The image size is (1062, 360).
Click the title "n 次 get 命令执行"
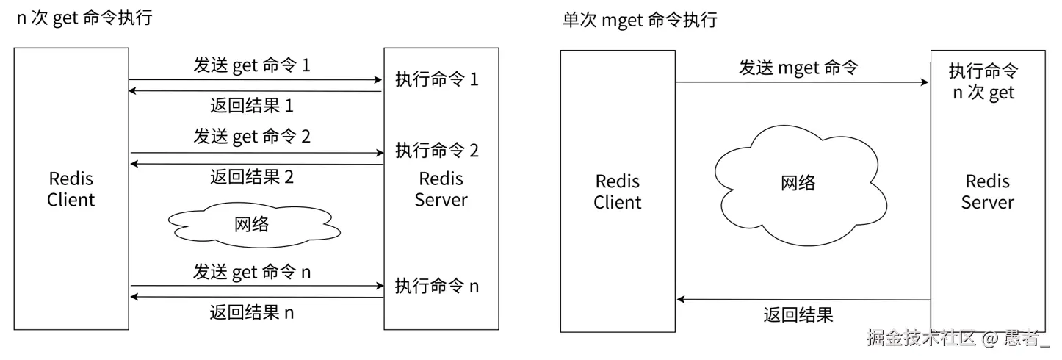(x=84, y=18)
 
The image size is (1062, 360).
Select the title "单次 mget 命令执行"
(x=638, y=20)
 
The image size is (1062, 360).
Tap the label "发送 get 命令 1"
(x=252, y=65)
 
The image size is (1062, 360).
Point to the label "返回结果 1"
(x=252, y=106)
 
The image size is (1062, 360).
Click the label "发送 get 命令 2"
(x=252, y=136)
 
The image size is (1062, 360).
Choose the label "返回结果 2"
(x=252, y=176)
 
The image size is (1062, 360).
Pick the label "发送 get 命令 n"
(x=252, y=272)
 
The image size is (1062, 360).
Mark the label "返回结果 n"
(x=252, y=312)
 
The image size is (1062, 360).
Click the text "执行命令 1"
(x=437, y=79)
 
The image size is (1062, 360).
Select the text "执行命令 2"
(x=437, y=151)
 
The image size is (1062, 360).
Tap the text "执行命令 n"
(x=437, y=285)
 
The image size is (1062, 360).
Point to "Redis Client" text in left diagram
(x=71, y=189)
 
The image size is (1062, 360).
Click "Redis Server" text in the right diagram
(x=987, y=192)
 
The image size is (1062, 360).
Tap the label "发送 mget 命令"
(x=798, y=68)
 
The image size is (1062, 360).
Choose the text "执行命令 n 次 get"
(x=983, y=82)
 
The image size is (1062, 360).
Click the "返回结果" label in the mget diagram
(x=798, y=315)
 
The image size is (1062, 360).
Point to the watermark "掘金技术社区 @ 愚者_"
(x=958, y=338)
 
